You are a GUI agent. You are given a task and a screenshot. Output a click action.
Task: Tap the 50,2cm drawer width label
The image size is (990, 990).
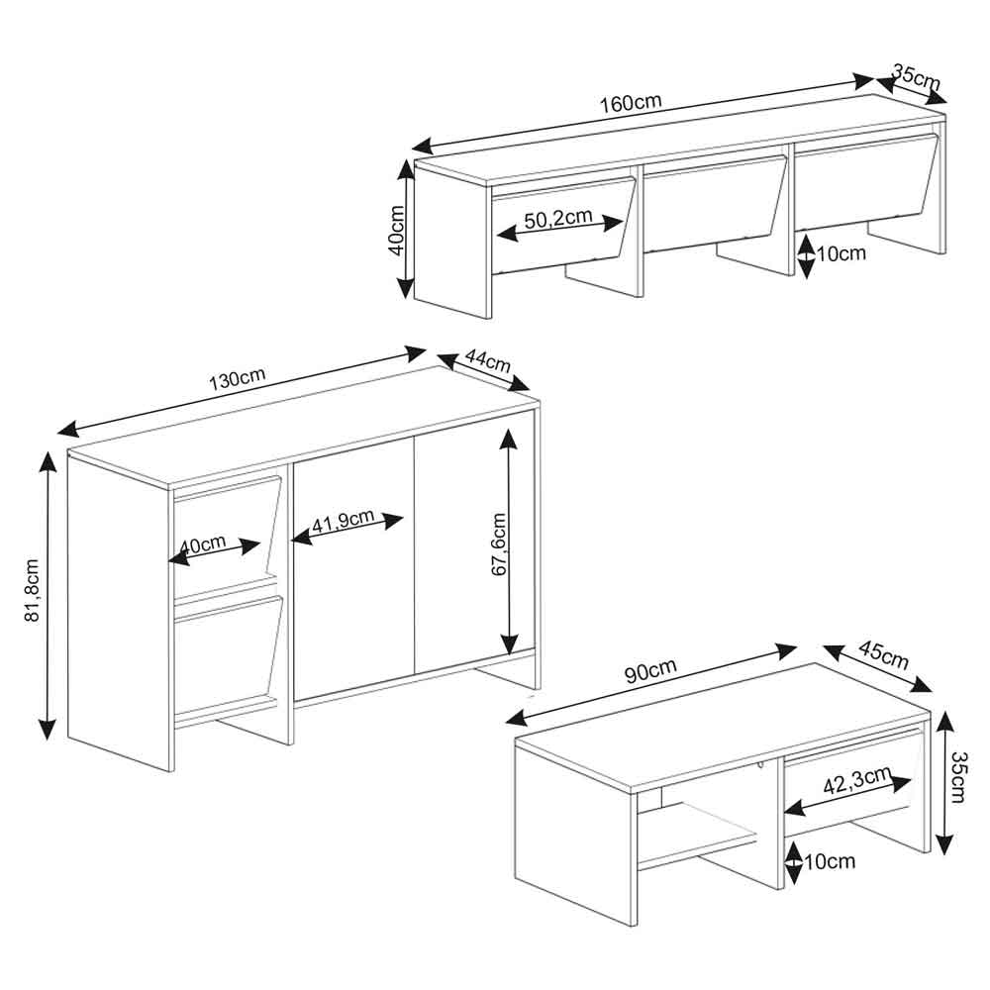point(558,219)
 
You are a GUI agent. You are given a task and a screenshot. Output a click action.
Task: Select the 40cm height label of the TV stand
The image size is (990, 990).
point(397,230)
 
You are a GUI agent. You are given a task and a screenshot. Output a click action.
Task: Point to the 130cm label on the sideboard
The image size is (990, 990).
point(237,378)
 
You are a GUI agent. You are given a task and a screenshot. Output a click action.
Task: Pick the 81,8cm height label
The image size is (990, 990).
point(33,590)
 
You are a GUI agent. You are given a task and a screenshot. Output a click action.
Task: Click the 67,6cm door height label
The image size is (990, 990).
point(499,544)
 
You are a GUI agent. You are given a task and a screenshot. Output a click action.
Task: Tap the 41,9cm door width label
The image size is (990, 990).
point(344,522)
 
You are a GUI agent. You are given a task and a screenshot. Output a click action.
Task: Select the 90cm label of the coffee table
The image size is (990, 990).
point(651,670)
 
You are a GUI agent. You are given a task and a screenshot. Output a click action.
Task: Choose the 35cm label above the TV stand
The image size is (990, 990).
point(916,77)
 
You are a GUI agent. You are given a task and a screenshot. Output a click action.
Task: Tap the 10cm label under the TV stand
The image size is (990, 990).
point(841,253)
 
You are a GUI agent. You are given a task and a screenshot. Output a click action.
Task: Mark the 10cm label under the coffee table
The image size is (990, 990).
point(830,861)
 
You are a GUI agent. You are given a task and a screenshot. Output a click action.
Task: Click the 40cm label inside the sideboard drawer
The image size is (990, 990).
point(203,544)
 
